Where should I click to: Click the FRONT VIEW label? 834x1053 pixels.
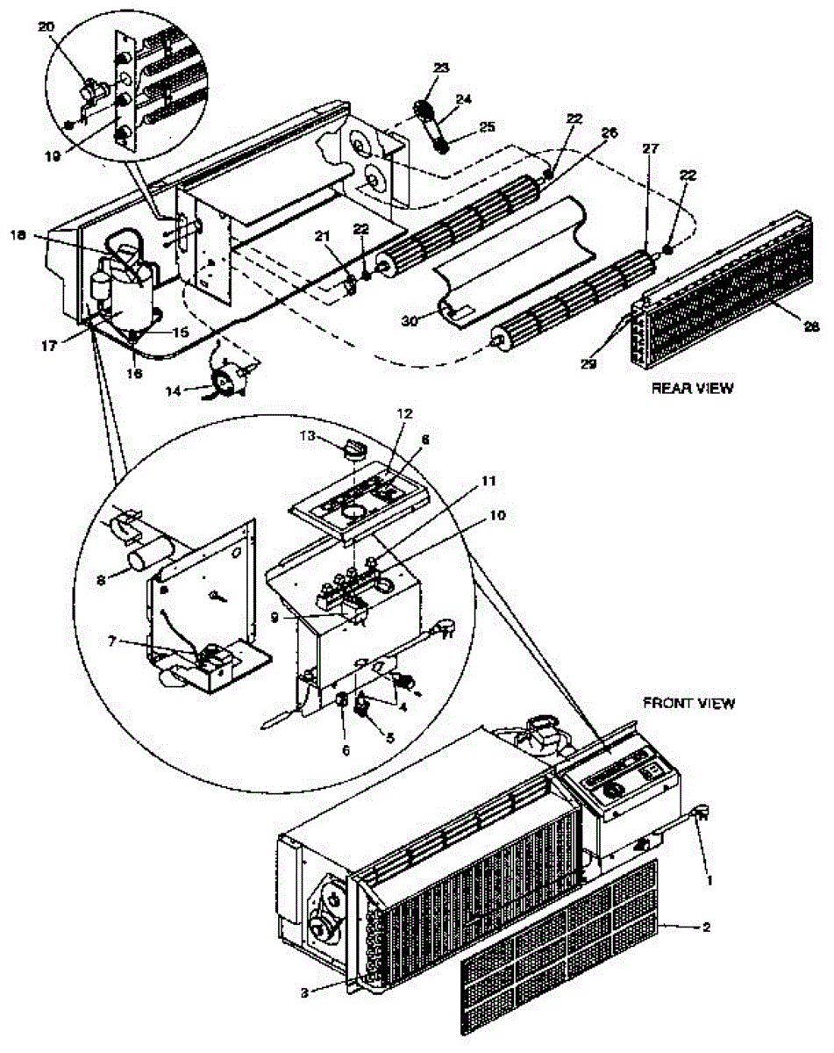click(688, 703)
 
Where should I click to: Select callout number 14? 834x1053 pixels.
click(175, 390)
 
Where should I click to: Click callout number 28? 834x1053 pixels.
click(812, 326)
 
